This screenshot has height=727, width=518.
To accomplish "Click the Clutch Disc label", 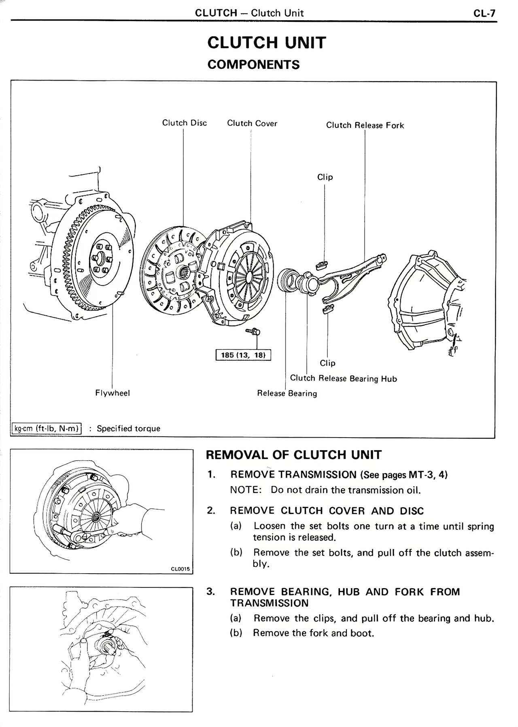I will pos(184,123).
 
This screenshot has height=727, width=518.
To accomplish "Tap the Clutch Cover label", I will pos(252,123).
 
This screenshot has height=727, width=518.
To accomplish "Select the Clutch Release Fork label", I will pos(365,125).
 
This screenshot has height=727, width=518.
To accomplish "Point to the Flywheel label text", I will pos(113,393).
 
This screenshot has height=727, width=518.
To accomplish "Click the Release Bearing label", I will pos(287,393).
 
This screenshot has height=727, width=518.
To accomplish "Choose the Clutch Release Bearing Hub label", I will pos(343,379).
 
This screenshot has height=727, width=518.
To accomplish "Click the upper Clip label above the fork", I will pos(325,177).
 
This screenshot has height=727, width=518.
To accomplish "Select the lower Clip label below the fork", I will pos(327,363).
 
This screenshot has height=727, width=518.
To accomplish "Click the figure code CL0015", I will pos(180,569).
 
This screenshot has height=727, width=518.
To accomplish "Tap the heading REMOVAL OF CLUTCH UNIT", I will pos(293,455).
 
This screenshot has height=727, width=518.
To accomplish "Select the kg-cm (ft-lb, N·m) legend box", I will pos(47,428).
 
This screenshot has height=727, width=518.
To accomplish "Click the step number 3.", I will pos(210,591).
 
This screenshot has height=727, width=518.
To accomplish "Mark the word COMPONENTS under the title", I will pos(253,65).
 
